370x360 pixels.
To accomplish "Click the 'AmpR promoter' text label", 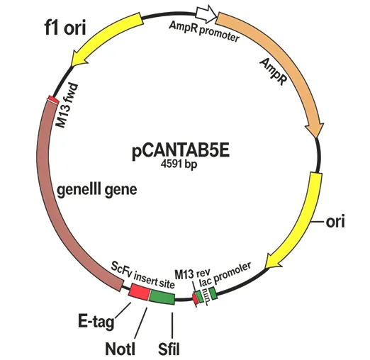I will point(204,30).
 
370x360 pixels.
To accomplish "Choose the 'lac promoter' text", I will point(225,274).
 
